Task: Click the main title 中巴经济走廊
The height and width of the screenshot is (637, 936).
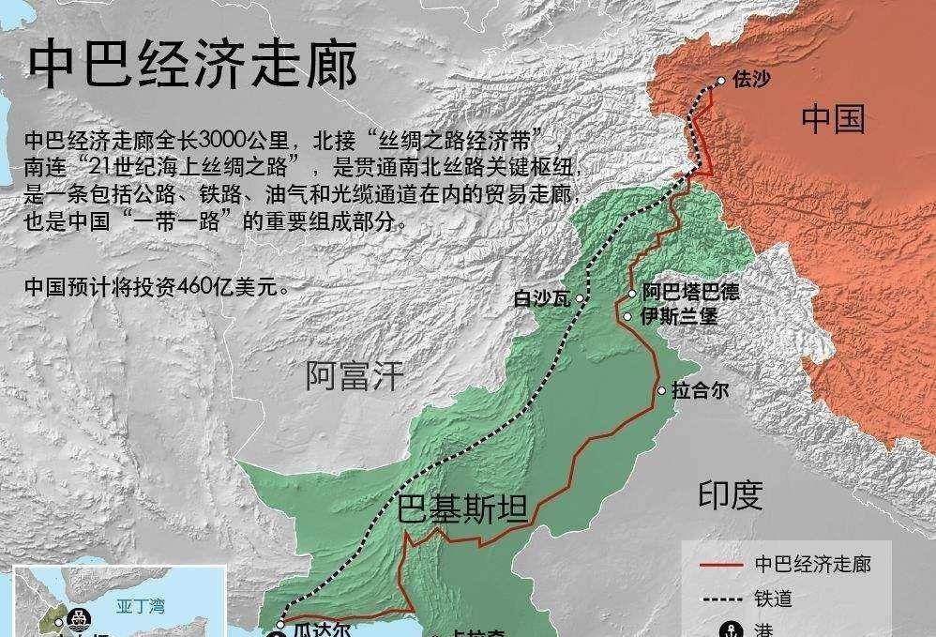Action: pyautogui.click(x=192, y=63)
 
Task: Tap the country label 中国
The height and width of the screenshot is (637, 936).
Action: pyautogui.click(x=833, y=119)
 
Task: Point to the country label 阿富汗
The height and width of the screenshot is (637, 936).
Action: pyautogui.click(x=355, y=376)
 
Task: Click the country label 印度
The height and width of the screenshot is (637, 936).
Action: pyautogui.click(x=730, y=494)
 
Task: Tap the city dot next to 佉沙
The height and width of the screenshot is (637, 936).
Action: pyautogui.click(x=721, y=81)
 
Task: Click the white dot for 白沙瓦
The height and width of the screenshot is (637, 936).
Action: pyautogui.click(x=581, y=298)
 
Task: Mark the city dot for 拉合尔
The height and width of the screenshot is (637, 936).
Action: pyautogui.click(x=662, y=390)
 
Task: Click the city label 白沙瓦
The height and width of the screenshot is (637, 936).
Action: pyautogui.click(x=543, y=299)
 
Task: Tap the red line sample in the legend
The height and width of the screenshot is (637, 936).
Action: pyautogui.click(x=723, y=565)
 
